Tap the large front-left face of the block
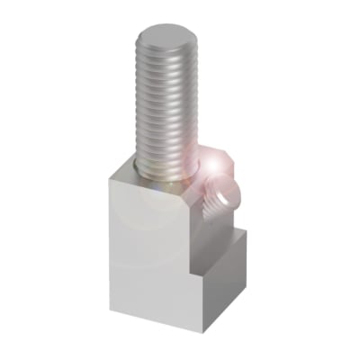coord(148,252)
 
